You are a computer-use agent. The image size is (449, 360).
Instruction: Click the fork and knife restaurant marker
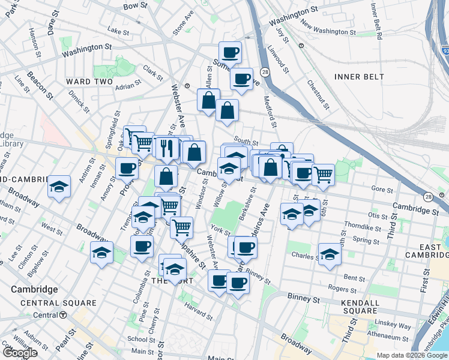coord(167,148)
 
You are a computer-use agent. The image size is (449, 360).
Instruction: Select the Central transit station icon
coord(63,315)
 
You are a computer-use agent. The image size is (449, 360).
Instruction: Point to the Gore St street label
coord(382,189)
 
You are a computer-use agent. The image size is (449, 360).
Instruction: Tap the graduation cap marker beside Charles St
coord(330,253)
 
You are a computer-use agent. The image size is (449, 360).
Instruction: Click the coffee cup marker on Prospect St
coord(127,169)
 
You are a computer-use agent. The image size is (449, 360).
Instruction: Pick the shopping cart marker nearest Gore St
coord(323,175)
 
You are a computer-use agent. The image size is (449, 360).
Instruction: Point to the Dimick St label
coord(79,102)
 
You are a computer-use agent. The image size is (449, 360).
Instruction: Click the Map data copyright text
coord(411,355)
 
